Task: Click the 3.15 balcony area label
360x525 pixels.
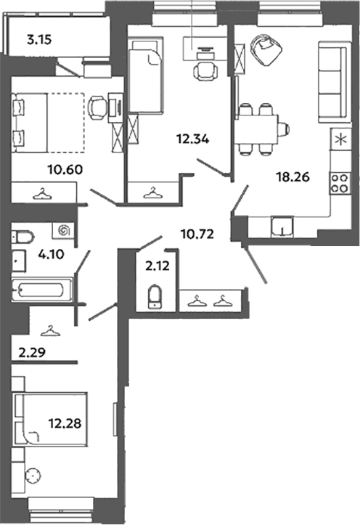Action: coord(39,40)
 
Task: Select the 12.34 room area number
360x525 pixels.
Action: coord(193,138)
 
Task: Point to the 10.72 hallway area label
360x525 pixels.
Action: coord(197,234)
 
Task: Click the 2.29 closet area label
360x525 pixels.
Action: coord(32,352)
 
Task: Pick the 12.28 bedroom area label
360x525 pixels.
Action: coord(65,423)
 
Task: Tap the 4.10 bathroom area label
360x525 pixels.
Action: coord(52,254)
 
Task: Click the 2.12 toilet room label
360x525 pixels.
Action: coord(157,266)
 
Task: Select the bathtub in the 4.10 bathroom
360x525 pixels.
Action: coord(42,289)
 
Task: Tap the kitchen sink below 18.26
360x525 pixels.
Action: coord(282,227)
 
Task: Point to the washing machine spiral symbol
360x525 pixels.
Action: coord(63,230)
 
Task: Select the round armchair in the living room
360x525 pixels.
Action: coord(266,49)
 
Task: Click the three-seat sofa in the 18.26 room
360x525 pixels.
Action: coord(332,82)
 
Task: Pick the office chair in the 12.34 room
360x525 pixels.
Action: coord(205,70)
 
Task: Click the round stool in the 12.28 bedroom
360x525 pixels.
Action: coord(33,476)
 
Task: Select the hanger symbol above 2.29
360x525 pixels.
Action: coord(50,330)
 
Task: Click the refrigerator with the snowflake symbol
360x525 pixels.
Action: coord(340,139)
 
